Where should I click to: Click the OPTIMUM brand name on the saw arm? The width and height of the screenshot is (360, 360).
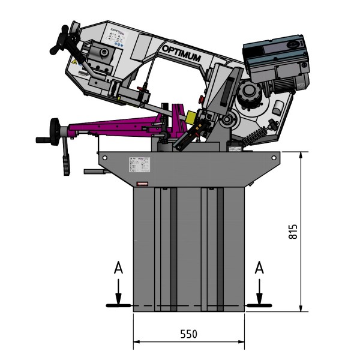pyautogui.click(x=188, y=52)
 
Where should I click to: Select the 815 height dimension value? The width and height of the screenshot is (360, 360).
pyautogui.click(x=293, y=232)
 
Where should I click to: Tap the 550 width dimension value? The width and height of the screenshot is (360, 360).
pyautogui.click(x=188, y=334)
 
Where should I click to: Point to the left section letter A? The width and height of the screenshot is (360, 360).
pyautogui.click(x=119, y=269)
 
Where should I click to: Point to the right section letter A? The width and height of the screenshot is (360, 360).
pyautogui.click(x=259, y=269)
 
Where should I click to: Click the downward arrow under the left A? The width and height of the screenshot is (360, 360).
pyautogui.click(x=119, y=294)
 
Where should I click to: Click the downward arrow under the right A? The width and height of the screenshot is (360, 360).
pyautogui.click(x=259, y=294)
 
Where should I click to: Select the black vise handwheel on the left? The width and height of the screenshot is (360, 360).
pyautogui.click(x=56, y=129)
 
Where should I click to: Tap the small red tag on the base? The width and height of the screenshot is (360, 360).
pyautogui.click(x=142, y=184)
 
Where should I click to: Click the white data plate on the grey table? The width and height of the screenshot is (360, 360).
pyautogui.click(x=139, y=164)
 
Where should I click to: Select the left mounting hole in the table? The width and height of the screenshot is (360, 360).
pyautogui.click(x=105, y=157)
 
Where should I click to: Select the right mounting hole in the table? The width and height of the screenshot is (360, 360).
pyautogui.click(x=274, y=158)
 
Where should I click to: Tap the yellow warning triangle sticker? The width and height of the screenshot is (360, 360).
pyautogui.click(x=74, y=62)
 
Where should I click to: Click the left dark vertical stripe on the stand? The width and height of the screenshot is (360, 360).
pyautogui.click(x=173, y=249)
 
